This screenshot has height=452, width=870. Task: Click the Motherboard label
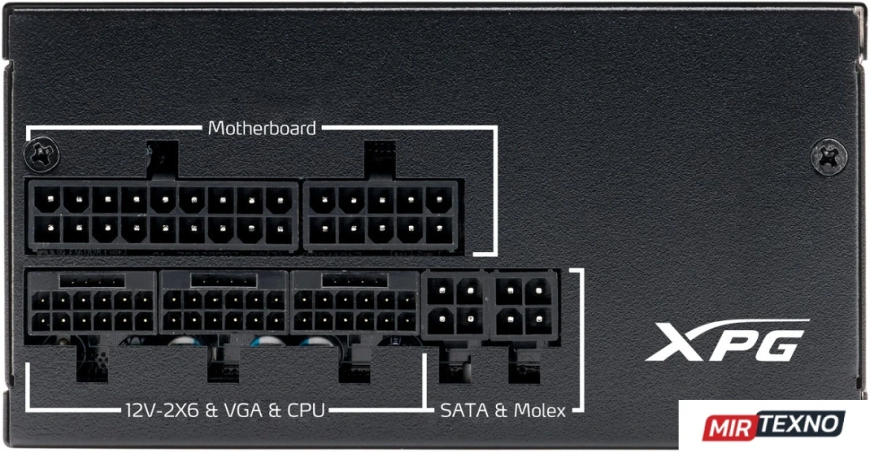click(261, 128)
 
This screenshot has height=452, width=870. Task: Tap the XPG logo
click(727, 341)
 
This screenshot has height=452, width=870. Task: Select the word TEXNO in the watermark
click(800, 424)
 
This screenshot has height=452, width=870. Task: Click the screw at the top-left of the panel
click(42, 153)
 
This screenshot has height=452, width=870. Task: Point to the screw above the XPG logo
click(828, 156)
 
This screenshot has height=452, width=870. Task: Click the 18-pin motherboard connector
click(163, 216)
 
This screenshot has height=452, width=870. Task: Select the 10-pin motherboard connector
click(380, 216)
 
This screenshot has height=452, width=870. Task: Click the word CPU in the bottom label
click(305, 410)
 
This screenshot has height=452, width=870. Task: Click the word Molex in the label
click(539, 410)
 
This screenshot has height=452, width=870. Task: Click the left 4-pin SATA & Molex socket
click(455, 304)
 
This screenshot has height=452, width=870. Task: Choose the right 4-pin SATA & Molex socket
click(524, 304)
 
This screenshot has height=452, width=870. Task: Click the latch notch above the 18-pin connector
click(162, 160)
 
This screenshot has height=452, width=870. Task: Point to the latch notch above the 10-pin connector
click(380, 160)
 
